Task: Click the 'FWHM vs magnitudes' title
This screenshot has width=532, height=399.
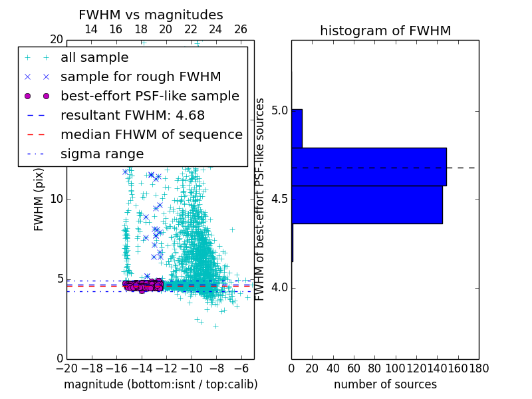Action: [151, 15]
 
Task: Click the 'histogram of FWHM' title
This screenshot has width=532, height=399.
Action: [385, 31]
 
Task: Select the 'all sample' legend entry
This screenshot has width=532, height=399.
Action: [94, 58]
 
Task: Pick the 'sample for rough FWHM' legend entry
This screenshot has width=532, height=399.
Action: [140, 76]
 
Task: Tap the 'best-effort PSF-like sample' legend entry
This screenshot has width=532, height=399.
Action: [150, 96]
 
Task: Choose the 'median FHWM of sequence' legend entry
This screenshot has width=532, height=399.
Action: [151, 134]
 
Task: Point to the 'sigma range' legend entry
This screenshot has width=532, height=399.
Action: [102, 154]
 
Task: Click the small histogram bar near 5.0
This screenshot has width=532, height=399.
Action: [297, 128]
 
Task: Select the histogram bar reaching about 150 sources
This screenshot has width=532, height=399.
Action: [368, 166]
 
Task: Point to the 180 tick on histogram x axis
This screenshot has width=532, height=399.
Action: [479, 368]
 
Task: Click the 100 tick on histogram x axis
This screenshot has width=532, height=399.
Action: [396, 368]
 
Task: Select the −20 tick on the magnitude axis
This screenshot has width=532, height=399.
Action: [66, 368]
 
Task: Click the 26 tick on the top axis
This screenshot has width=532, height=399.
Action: [241, 29]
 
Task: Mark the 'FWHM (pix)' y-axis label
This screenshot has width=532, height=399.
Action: [39, 199]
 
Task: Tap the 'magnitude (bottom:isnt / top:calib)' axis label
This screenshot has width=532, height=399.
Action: [160, 384]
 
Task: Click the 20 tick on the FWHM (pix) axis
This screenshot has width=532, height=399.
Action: [56, 40]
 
